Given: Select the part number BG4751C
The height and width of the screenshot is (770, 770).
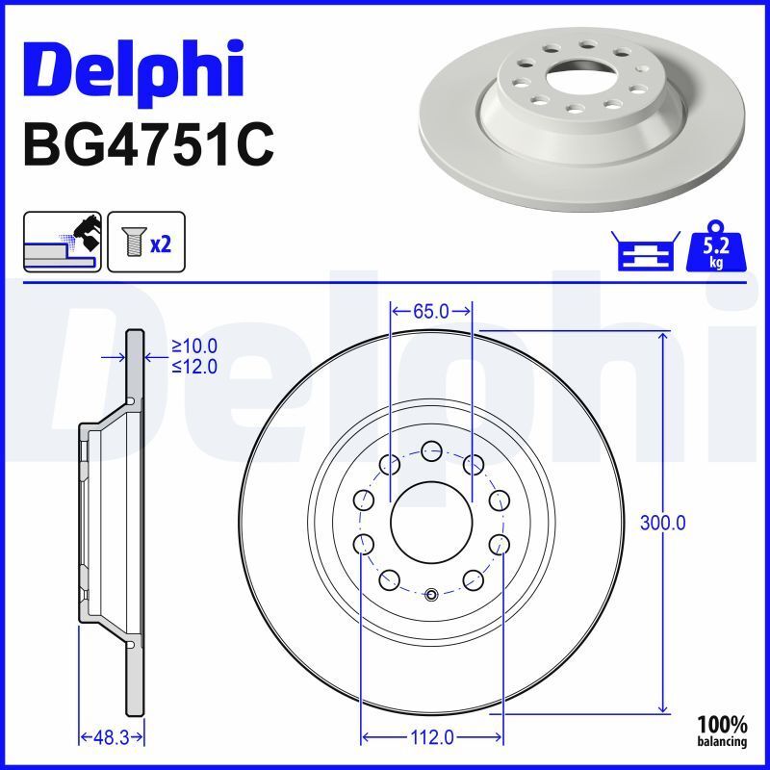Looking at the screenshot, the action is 148,145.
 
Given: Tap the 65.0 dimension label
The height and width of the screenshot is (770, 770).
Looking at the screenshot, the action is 430,311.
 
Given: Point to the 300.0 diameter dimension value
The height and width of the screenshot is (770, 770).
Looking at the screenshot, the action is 662,523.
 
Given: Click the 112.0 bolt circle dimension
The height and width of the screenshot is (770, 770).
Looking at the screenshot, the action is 431,737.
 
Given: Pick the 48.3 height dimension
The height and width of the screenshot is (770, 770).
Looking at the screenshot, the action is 111,737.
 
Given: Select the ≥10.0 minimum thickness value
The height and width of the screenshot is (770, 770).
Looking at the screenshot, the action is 194,346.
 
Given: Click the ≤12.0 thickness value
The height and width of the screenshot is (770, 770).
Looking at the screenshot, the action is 194,367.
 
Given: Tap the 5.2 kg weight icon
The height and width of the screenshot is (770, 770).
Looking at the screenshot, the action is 716,246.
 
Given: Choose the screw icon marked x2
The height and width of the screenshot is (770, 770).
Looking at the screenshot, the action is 146,243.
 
